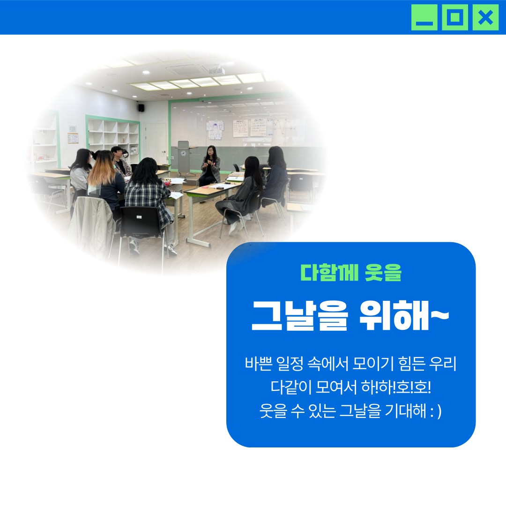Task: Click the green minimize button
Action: (x=424, y=17)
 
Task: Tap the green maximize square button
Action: (x=454, y=17)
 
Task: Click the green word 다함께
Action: (x=329, y=273)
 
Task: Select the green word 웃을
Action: (x=383, y=273)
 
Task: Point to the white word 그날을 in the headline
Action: (x=300, y=315)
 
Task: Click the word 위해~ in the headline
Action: (x=404, y=315)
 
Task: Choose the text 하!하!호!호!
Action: (x=396, y=387)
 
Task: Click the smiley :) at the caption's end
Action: (x=436, y=411)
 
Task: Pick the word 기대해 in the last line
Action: (x=406, y=411)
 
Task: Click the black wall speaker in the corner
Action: (x=141, y=108)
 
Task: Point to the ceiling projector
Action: (x=216, y=70)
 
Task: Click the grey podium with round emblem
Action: (x=183, y=158)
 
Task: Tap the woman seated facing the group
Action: (x=210, y=166)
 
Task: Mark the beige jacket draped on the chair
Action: (x=92, y=226)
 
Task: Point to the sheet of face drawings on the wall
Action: (x=215, y=130)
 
